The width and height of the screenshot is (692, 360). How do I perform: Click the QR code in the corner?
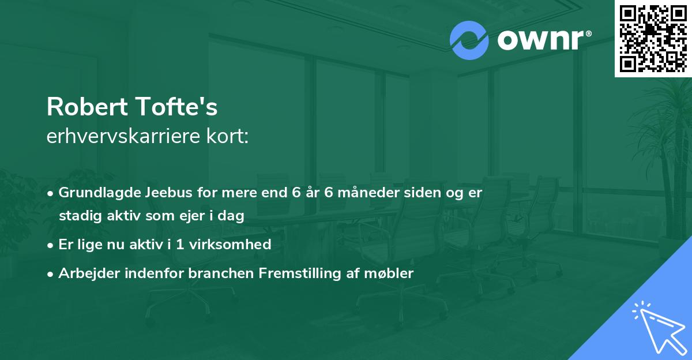coord(653,39)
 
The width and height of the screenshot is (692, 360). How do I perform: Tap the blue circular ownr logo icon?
coord(469,40)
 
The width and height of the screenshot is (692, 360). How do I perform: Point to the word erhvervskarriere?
coord(121,137)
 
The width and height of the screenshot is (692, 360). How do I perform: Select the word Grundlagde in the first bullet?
coord(95,193)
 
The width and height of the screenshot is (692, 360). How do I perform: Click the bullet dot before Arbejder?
coord(51,274)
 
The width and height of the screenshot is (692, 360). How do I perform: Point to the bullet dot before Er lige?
coord(51,245)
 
